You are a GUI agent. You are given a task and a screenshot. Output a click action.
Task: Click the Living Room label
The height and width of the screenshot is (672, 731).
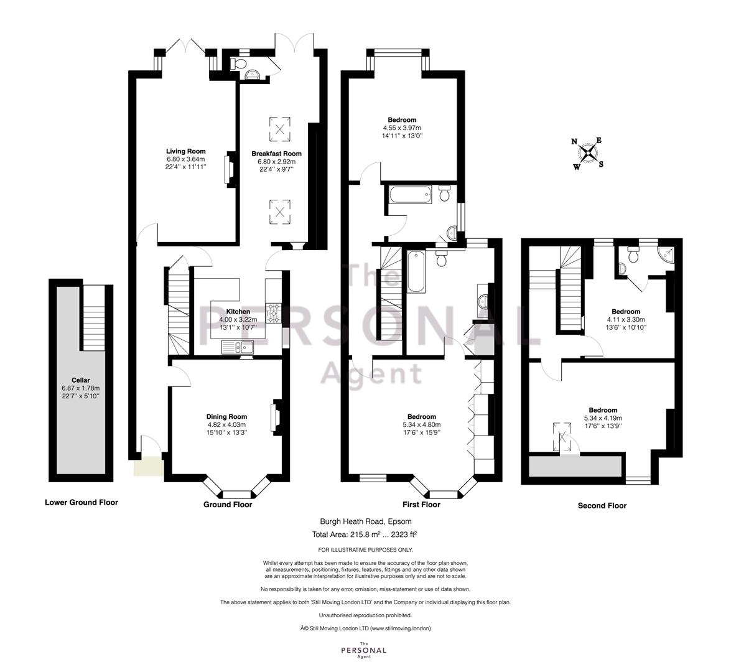coord(185,151)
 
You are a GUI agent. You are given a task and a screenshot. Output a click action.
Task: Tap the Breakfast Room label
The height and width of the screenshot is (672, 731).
coord(276,154)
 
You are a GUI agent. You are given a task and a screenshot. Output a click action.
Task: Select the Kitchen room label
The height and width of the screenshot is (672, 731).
coord(238,312)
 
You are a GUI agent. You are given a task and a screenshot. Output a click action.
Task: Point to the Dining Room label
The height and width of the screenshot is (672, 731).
coord(226,416)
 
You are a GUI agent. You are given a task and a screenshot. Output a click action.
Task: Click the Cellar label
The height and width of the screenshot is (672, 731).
coord(81,380)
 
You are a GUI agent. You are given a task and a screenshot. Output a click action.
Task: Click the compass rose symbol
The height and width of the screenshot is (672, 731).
coord(589,153)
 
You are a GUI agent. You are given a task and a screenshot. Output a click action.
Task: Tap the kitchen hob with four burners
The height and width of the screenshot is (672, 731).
coord(272,312)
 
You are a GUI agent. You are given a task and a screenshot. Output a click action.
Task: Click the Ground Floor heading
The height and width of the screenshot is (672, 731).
coord(228,505)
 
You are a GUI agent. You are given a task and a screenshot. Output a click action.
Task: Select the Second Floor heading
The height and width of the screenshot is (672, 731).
coord(602,505)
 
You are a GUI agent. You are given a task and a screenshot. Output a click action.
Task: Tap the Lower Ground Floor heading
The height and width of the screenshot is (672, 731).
coord(81,502)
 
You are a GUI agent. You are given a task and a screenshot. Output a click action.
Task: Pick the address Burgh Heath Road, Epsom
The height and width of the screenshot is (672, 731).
coord(366,521)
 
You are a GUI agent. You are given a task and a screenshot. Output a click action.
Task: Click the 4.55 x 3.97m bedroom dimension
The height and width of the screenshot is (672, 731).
coord(403,128)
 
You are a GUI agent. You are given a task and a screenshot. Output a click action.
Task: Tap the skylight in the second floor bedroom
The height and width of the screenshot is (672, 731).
coord(562,437)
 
